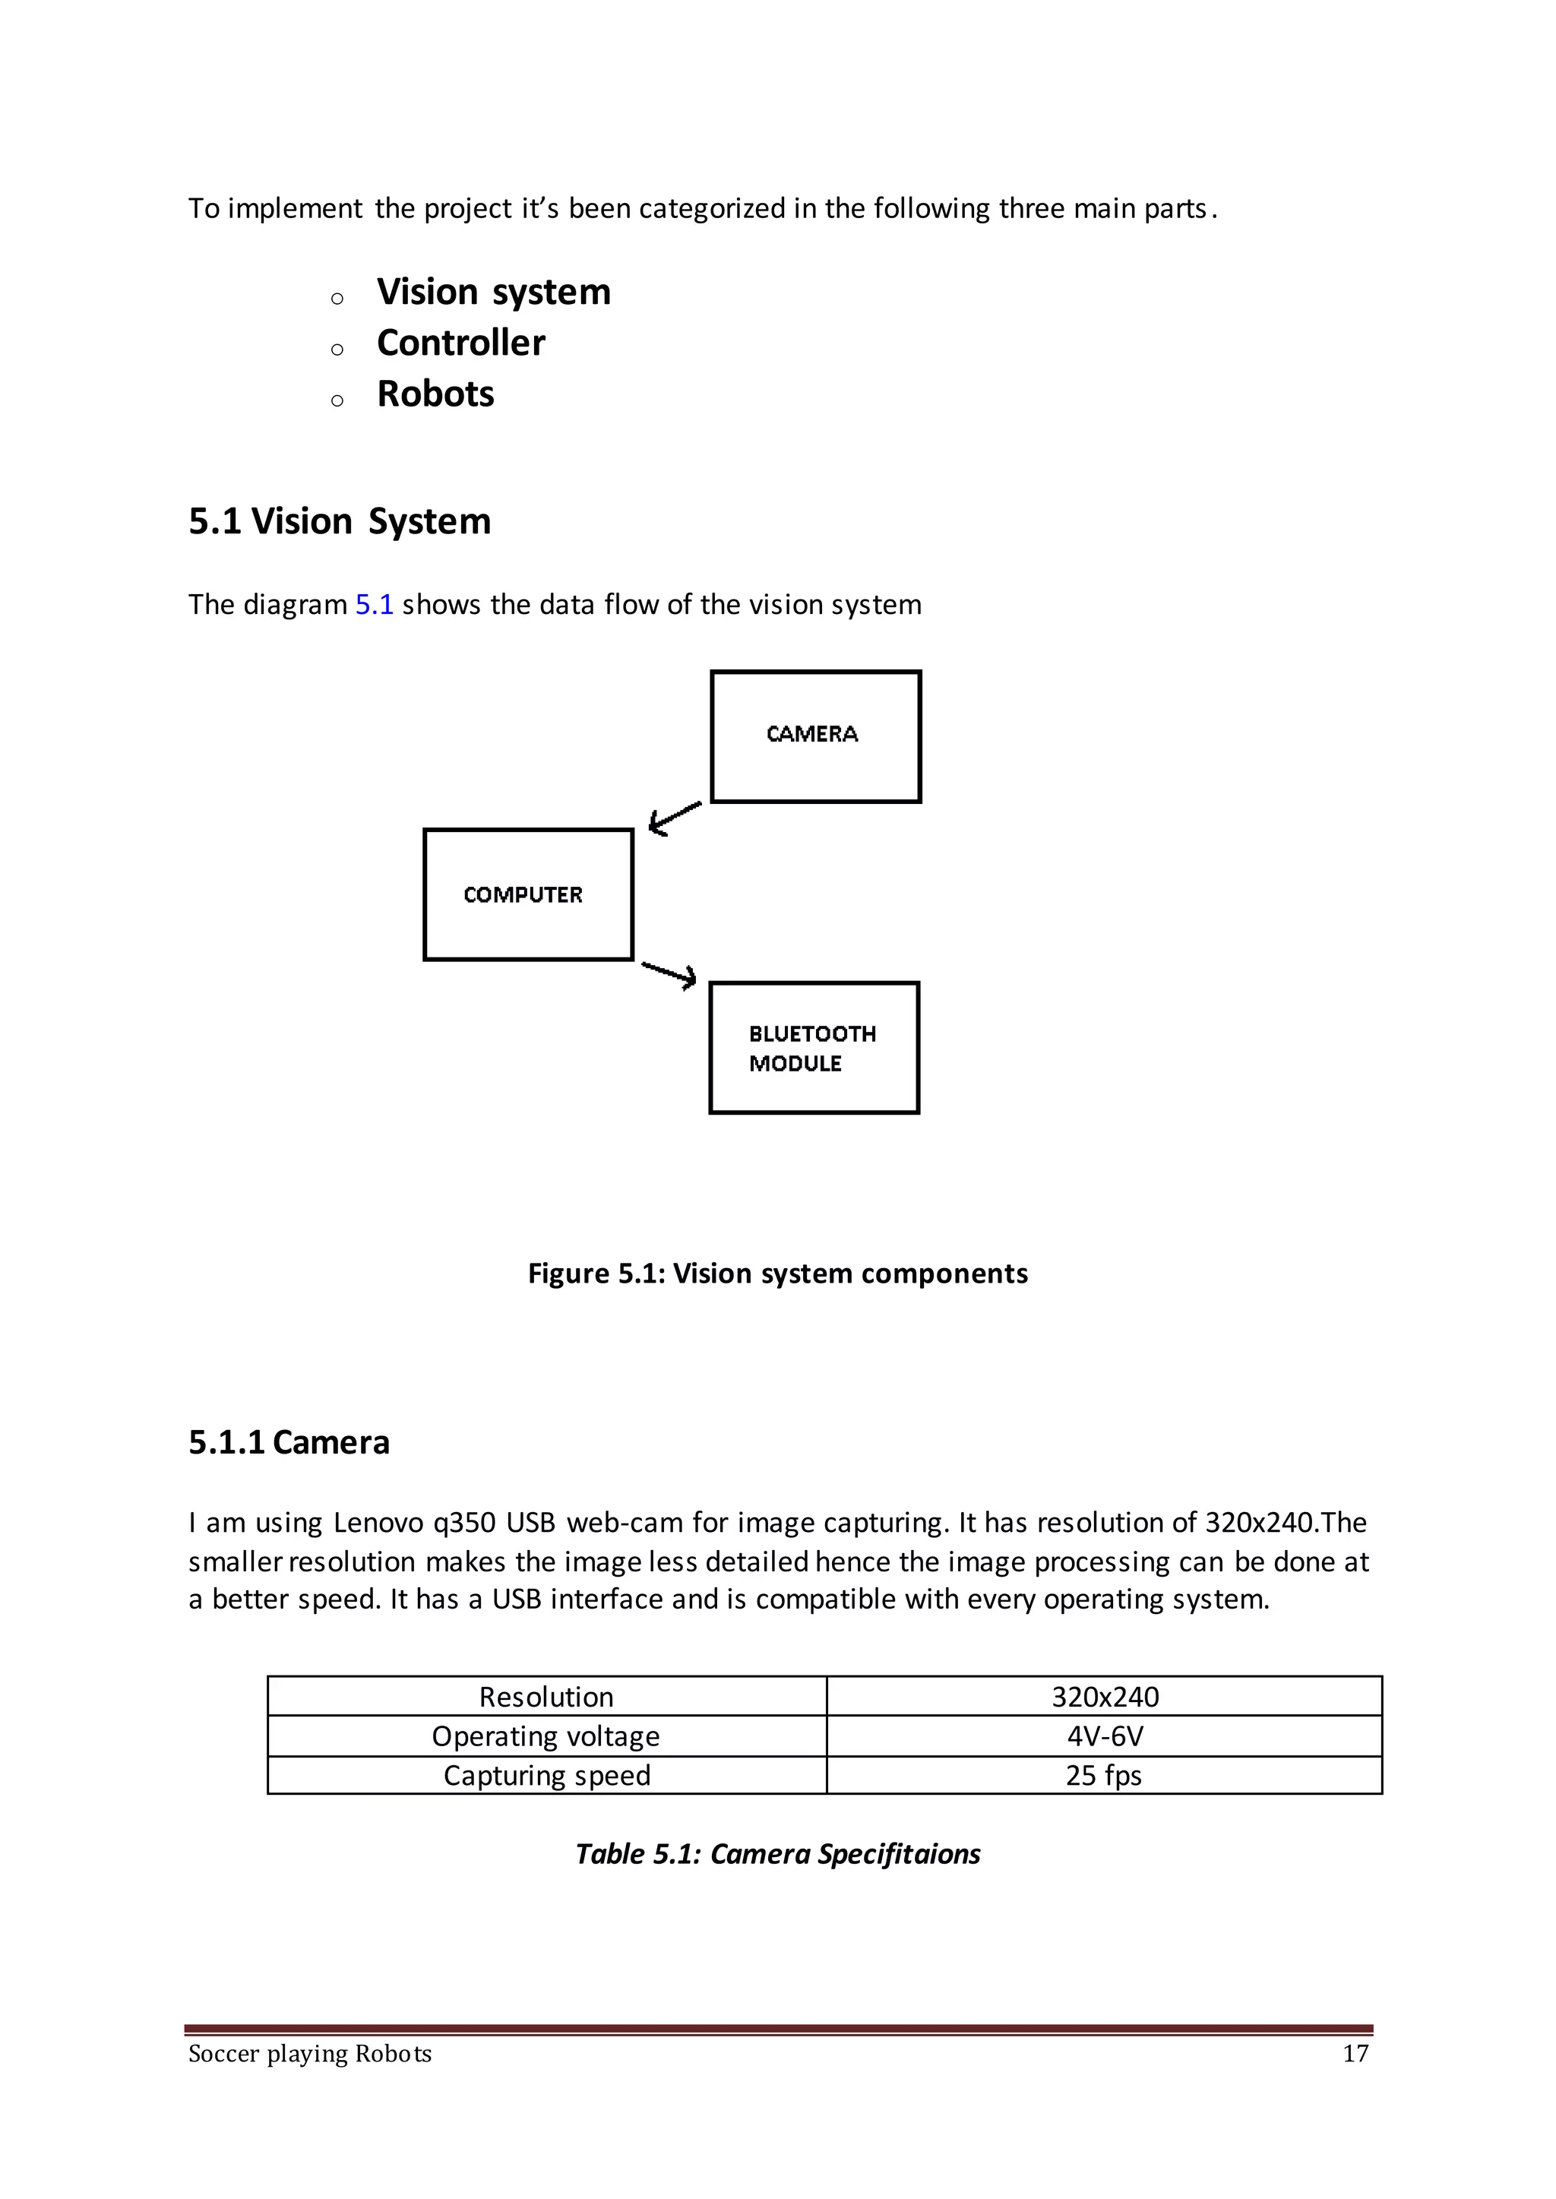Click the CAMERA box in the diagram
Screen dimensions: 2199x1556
click(x=815, y=736)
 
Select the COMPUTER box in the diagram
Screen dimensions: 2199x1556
click(x=528, y=894)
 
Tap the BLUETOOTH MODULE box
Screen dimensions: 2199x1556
click(x=814, y=1047)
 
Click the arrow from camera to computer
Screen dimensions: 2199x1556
click(x=675, y=818)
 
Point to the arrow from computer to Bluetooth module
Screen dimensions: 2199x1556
click(x=669, y=973)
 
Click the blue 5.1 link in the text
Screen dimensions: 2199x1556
click(x=374, y=605)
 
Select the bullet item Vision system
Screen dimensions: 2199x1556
click(x=492, y=291)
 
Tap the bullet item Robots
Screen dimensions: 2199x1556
click(x=435, y=394)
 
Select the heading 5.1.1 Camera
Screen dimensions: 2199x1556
click(x=289, y=1442)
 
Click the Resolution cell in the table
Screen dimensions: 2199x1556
click(x=546, y=1697)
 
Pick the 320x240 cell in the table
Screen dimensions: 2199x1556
click(x=1105, y=1697)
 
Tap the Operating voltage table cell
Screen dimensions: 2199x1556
click(x=546, y=1736)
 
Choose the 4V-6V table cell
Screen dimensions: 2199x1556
click(x=1105, y=1736)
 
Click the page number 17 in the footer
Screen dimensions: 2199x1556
click(x=1355, y=2053)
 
